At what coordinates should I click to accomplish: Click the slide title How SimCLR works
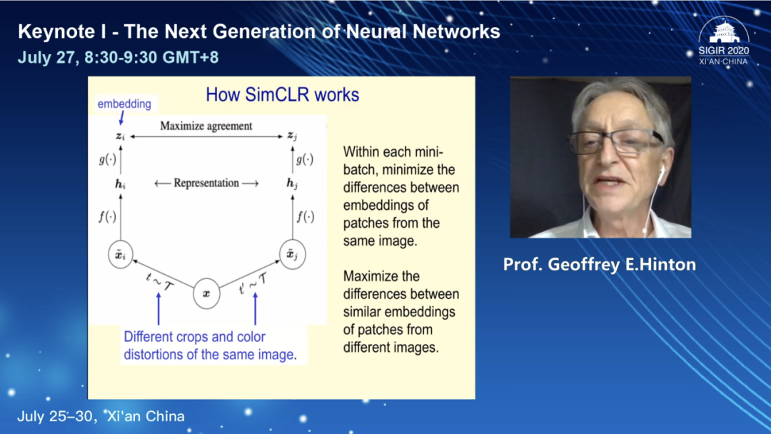(x=282, y=95)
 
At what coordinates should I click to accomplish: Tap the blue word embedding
(x=124, y=104)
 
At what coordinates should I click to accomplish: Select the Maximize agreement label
(x=206, y=126)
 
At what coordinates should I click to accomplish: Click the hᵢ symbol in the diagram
(x=121, y=183)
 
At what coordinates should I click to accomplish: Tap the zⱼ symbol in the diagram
(x=291, y=136)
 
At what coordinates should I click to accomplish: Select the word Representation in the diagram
(x=206, y=183)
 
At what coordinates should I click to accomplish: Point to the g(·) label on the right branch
(x=305, y=160)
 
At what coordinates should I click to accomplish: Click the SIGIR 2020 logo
(x=723, y=42)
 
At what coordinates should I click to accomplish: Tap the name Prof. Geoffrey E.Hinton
(x=599, y=265)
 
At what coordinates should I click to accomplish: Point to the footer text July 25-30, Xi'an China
(x=101, y=415)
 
